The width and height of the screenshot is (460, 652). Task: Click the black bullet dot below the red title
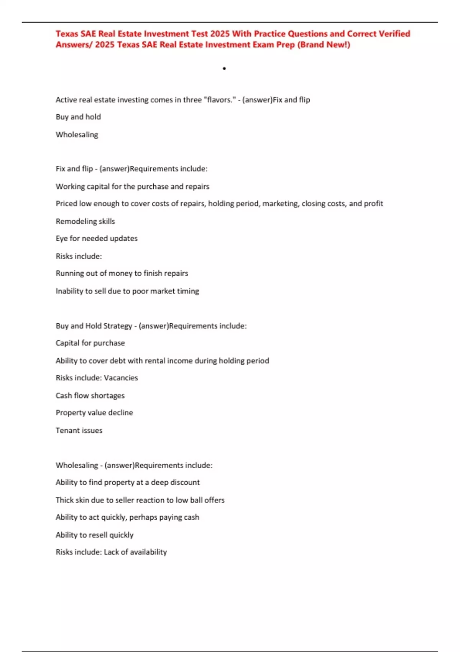pos(224,69)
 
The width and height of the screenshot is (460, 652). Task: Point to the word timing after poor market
pos(188,291)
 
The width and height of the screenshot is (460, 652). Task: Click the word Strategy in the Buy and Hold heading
pos(118,326)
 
